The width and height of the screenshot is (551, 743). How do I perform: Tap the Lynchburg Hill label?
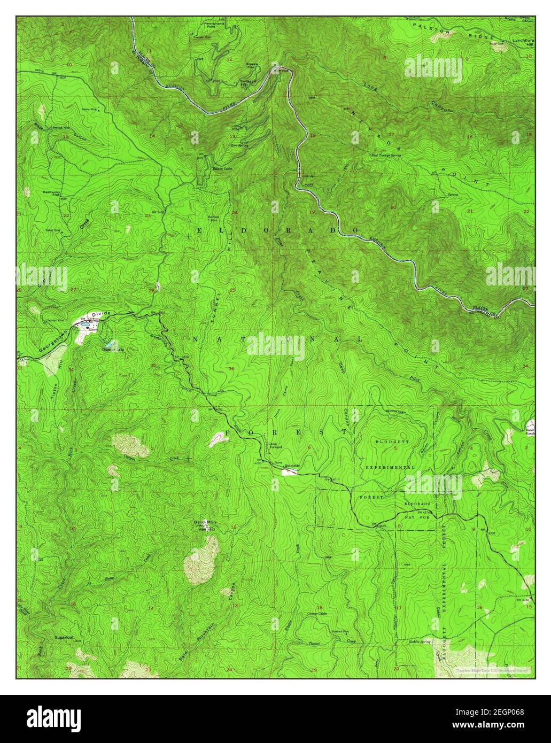(x=523, y=43)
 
